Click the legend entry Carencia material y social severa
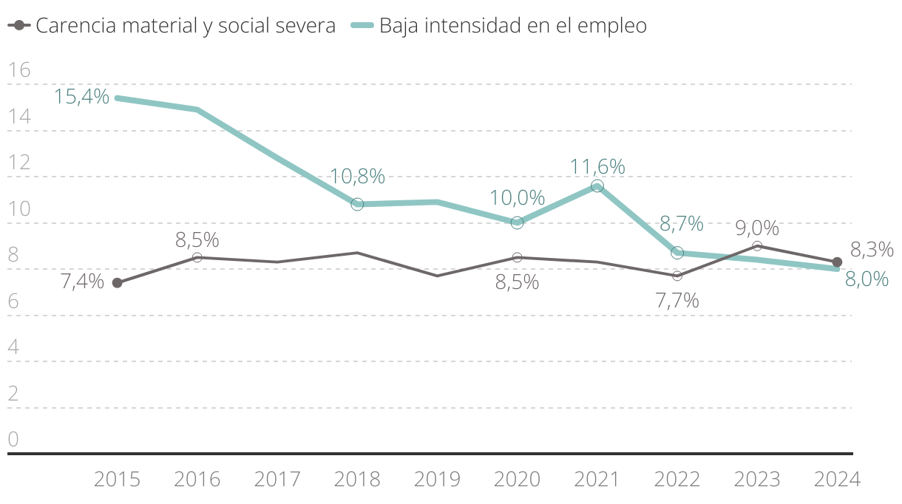tap(185, 25)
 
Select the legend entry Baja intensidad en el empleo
tap(512, 25)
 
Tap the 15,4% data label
tap(81, 96)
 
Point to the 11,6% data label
tap(597, 167)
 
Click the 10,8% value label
tap(357, 177)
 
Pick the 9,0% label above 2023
tap(757, 228)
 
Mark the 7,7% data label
tap(677, 301)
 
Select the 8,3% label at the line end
tap(872, 250)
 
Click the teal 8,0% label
tap(866, 279)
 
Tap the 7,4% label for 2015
tap(81, 282)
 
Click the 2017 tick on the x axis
tap(277, 480)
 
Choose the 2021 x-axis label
tap(597, 480)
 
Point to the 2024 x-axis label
tap(837, 480)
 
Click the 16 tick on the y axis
tap(18, 70)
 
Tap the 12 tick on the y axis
tap(18, 163)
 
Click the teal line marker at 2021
tap(597, 186)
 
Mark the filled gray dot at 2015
tap(117, 283)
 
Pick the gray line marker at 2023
tap(757, 245)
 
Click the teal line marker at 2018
tap(357, 204)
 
